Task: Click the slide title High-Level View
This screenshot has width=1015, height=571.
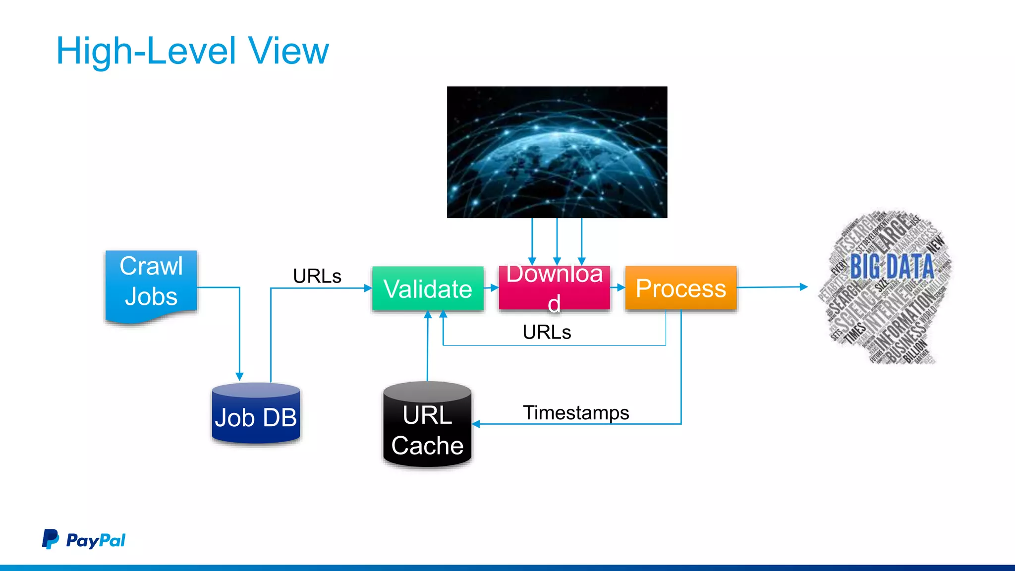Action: pyautogui.click(x=192, y=51)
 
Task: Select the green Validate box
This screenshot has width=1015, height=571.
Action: pyautogui.click(x=428, y=288)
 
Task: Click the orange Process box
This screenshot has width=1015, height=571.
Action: pyautogui.click(x=680, y=288)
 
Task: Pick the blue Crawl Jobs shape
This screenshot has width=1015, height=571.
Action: pyautogui.click(x=151, y=283)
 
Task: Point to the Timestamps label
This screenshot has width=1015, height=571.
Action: pyautogui.click(x=576, y=412)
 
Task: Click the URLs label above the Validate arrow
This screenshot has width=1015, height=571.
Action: pyautogui.click(x=317, y=276)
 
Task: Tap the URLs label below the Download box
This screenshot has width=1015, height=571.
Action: pyautogui.click(x=547, y=332)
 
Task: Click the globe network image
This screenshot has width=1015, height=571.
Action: pyautogui.click(x=557, y=152)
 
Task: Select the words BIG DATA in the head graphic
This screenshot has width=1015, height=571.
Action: pyautogui.click(x=892, y=266)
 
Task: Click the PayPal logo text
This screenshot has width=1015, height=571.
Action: pyautogui.click(x=96, y=540)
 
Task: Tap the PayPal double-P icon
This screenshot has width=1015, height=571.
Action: pyautogui.click(x=50, y=539)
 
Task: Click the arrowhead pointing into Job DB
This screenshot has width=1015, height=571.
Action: pyautogui.click(x=239, y=377)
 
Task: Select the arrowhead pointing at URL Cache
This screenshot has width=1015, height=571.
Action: pyautogui.click(x=476, y=424)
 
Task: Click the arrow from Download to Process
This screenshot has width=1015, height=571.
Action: pyautogui.click(x=618, y=287)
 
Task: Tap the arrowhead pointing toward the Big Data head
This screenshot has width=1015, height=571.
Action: pyautogui.click(x=804, y=286)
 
